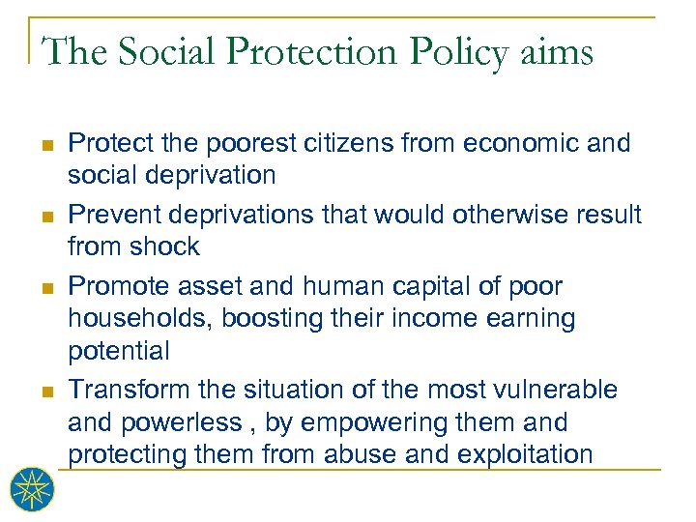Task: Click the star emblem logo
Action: [32, 488]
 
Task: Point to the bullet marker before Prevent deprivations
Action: [48, 216]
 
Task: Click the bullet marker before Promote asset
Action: [48, 287]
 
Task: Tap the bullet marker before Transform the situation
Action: [48, 391]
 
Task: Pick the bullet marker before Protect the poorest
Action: [48, 144]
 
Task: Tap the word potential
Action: [119, 350]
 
